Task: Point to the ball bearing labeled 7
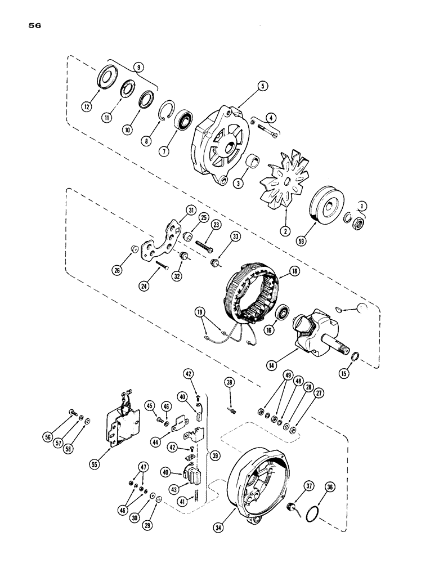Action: [x=183, y=121]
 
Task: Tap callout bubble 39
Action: [x=213, y=453]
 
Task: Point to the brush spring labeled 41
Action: [x=197, y=496]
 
